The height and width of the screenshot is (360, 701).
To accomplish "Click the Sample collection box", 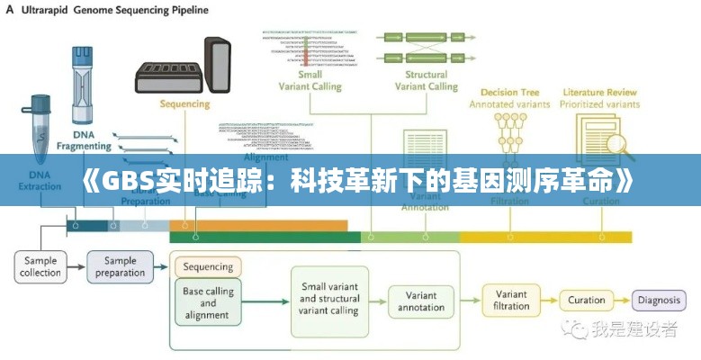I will pyautogui.click(x=40, y=266).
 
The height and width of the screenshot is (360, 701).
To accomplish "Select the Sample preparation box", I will pyautogui.click(x=120, y=266).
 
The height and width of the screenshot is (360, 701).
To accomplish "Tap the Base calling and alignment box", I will pyautogui.click(x=208, y=303).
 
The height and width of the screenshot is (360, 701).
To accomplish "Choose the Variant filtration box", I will pyautogui.click(x=511, y=300).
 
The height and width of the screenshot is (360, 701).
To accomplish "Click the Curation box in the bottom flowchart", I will pyautogui.click(x=586, y=300).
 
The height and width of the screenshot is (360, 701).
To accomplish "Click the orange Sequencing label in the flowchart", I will pyautogui.click(x=208, y=266).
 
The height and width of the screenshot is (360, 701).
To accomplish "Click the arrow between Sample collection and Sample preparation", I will pyautogui.click(x=77, y=266).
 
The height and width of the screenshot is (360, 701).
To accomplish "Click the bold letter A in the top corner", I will pyautogui.click(x=9, y=11).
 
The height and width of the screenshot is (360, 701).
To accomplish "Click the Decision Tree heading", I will pyautogui.click(x=509, y=93).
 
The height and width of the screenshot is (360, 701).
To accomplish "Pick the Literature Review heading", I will pyautogui.click(x=599, y=93).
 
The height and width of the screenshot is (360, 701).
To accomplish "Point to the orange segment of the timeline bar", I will pyautogui.click(x=271, y=225).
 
